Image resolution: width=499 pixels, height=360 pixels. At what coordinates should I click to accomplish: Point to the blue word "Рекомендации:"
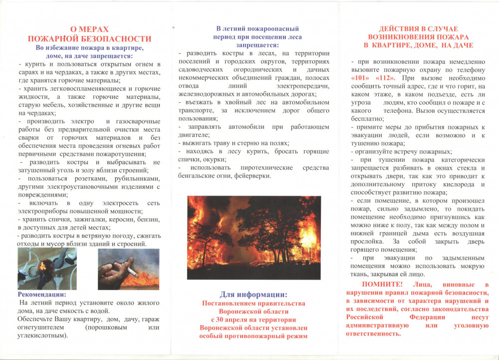[42, 294]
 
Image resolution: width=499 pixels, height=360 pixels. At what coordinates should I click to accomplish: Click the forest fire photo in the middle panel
[253, 238]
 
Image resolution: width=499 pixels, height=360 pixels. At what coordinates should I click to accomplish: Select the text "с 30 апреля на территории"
[253, 320]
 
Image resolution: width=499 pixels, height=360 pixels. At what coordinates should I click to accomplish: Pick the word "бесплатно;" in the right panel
[368, 119]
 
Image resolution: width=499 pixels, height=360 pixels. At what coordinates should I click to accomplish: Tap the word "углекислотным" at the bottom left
[42, 336]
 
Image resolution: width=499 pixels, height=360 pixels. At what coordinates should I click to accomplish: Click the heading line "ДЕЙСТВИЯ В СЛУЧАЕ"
[418, 28]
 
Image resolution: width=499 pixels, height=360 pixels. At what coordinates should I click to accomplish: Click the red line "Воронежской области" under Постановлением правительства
[253, 311]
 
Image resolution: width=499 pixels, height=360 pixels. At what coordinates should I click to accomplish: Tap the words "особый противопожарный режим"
[253, 337]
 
